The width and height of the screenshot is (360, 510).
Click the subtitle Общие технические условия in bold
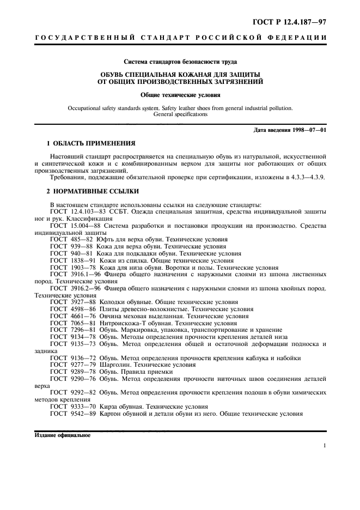tap(180, 94)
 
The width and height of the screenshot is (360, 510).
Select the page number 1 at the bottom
tap(324, 446)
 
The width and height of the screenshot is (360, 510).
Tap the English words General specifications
tap(180, 115)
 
